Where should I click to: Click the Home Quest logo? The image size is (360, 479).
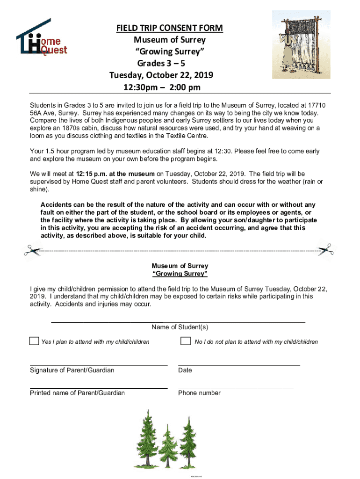coord(42,38)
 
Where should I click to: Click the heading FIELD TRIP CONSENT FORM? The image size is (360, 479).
coord(170,29)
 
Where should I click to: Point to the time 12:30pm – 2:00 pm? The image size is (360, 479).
coord(162,87)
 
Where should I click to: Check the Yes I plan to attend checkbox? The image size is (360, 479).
coord(34,341)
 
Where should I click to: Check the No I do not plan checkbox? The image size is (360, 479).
coord(186,341)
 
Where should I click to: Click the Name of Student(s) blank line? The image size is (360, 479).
coord(178,322)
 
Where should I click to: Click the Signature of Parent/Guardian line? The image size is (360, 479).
coord(99,364)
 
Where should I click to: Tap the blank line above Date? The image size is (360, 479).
coord(239,364)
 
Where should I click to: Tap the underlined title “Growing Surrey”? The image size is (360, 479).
coord(180,274)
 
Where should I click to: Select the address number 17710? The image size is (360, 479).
coord(317,106)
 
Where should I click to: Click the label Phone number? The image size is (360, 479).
coord(199,393)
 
